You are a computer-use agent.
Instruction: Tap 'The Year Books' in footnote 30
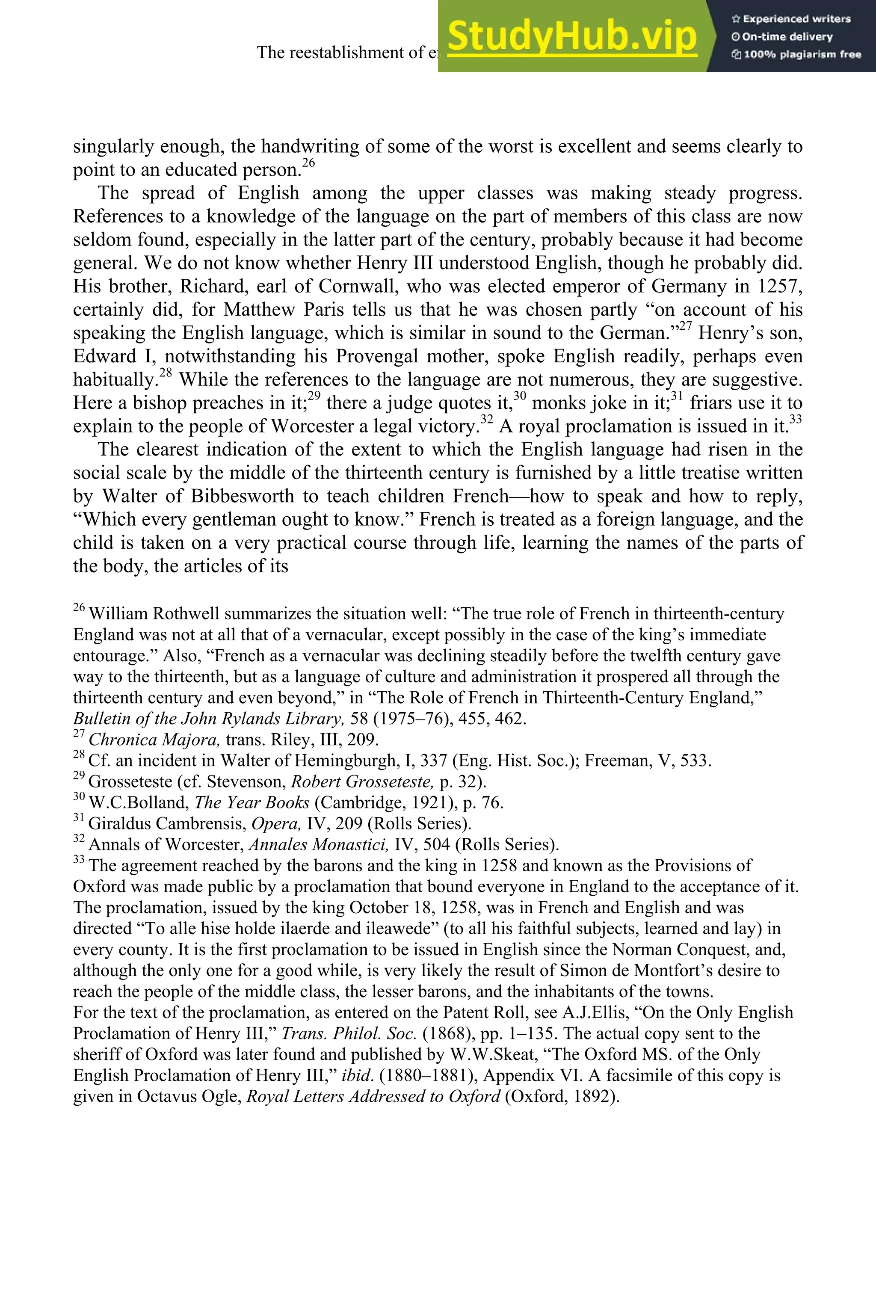point(252,803)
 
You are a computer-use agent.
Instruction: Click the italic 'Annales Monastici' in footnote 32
point(318,845)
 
